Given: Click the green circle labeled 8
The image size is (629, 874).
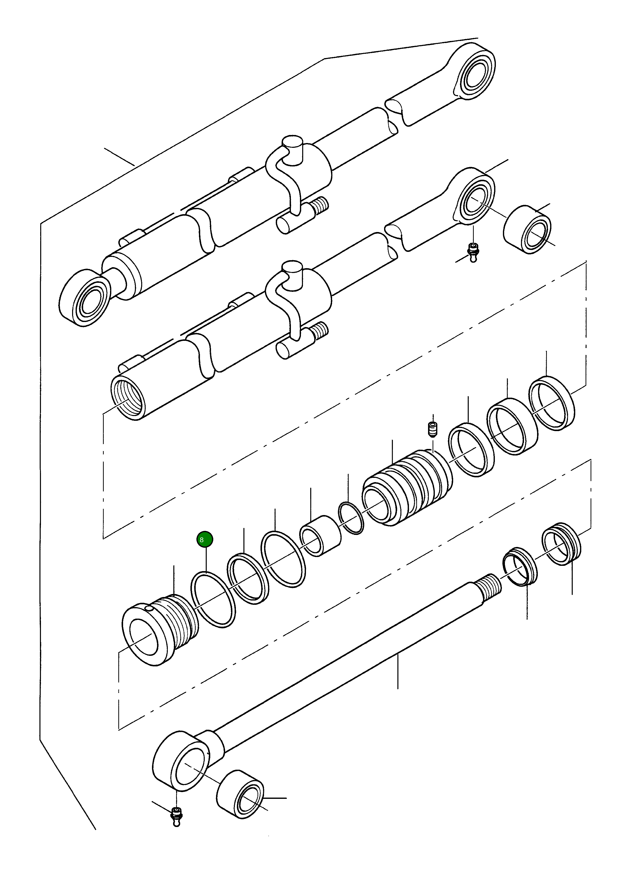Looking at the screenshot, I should click(x=204, y=539).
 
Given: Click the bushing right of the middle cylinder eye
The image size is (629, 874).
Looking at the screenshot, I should click(x=527, y=230).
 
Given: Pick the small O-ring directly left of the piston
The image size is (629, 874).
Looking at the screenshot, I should click(x=350, y=518).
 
